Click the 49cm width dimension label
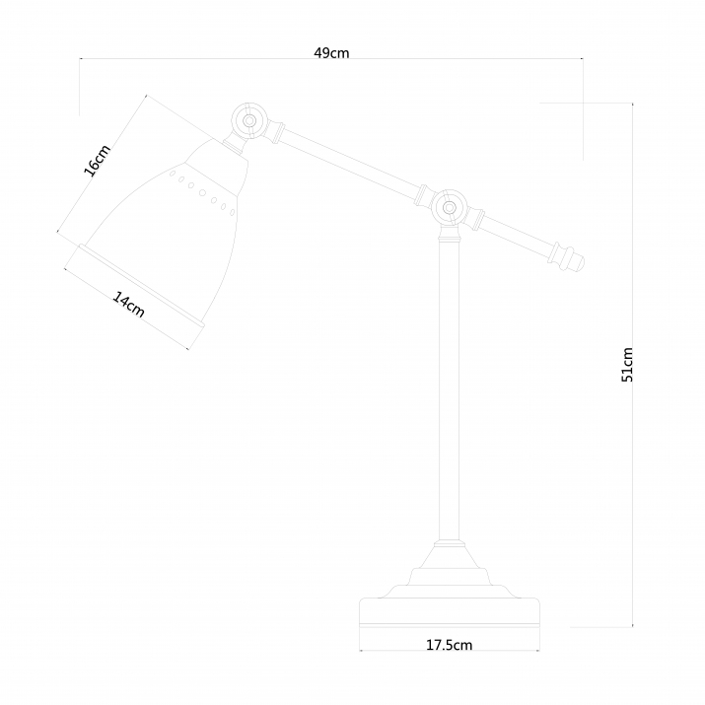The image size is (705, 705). pos(331,53)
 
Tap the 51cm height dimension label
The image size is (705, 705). pos(628,365)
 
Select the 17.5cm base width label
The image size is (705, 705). pos(450,646)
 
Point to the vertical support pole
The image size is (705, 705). pos(450,394)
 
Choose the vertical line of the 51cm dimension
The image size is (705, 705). pos(632,247)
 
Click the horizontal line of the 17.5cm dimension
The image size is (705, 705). pos(394,652)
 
